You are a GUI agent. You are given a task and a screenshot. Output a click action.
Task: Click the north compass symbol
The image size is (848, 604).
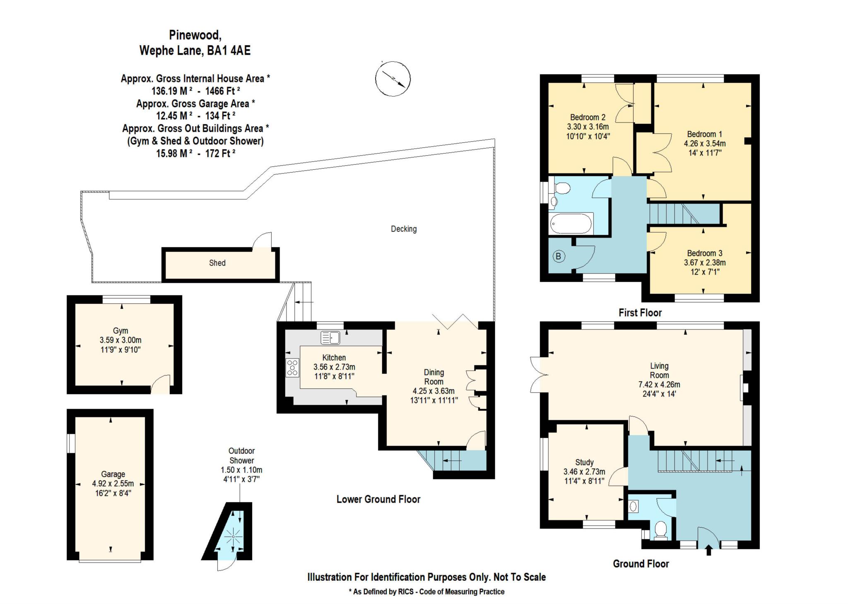click(393, 79)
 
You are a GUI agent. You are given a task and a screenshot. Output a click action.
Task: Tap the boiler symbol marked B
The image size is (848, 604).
click(558, 256)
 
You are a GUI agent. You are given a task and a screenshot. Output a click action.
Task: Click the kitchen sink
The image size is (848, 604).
click(330, 338)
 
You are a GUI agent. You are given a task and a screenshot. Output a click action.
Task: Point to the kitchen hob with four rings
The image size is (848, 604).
click(292, 368)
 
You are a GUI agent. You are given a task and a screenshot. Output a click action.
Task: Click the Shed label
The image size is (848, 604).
click(217, 263)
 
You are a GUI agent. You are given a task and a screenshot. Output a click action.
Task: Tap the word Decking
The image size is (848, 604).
click(404, 229)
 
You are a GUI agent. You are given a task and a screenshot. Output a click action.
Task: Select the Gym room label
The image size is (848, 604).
click(120, 331)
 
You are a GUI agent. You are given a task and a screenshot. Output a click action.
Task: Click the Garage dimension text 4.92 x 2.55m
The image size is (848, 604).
click(113, 484)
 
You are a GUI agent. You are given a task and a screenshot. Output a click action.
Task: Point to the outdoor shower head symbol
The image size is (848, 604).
click(233, 537)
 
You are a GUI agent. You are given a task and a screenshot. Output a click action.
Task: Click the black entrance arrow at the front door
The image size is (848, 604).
click(708, 550)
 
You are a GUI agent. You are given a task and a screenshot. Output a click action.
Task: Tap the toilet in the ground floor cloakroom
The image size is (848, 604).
click(661, 530)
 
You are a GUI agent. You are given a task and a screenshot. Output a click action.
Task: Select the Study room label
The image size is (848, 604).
click(584, 462)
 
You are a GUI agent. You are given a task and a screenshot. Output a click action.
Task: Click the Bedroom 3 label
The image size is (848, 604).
click(705, 253)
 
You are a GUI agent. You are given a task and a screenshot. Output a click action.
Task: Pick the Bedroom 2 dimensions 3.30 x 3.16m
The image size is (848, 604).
click(588, 126)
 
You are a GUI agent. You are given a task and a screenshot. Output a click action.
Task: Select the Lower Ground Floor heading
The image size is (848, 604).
click(378, 499)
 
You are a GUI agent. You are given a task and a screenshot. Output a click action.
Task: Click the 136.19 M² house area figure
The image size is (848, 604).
click(172, 91)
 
